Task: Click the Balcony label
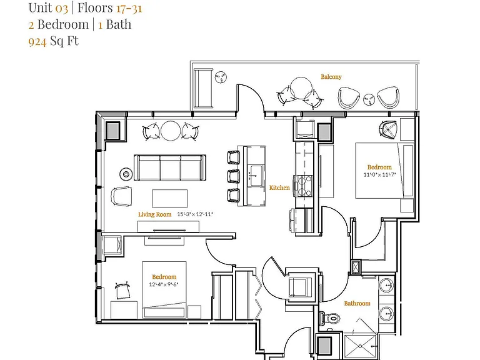coord(331,77)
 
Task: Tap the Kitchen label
coord(279,187)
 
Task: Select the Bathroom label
coord(357,303)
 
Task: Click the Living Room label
coord(154,214)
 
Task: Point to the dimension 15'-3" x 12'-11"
coord(195,214)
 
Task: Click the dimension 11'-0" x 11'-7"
coord(379,175)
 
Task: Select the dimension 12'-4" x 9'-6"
coord(164,284)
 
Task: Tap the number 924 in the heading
coord(37,41)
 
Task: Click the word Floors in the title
coord(95,7)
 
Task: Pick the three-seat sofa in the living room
coord(170,167)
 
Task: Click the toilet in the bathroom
coord(330,317)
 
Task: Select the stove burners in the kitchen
coord(302,186)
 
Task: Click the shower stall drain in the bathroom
coord(360,346)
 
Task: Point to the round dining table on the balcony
coord(301,88)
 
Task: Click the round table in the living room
coord(171,131)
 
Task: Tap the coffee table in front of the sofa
coord(169,198)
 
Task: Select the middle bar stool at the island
coord(233,176)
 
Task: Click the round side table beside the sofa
coord(126,174)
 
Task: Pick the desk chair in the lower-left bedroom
coord(122,291)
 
